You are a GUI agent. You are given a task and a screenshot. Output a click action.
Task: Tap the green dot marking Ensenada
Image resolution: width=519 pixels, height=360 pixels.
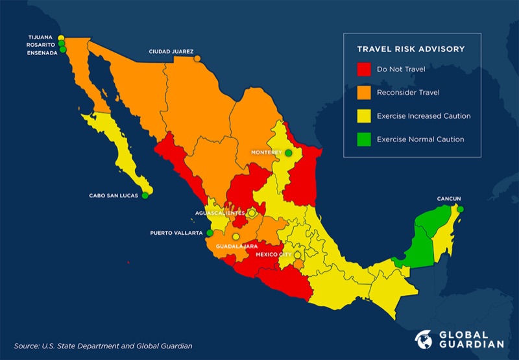63,49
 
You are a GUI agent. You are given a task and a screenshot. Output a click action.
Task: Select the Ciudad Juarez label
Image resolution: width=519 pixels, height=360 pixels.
171,51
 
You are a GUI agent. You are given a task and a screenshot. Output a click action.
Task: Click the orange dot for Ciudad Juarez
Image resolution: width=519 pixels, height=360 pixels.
197,58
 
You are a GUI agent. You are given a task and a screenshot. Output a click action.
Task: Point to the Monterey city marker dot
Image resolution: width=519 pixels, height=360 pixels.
288,152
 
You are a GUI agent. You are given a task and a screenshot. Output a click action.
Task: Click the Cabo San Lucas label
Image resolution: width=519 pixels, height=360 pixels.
114,195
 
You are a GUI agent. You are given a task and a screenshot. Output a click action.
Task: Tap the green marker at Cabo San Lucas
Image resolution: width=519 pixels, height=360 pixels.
145,195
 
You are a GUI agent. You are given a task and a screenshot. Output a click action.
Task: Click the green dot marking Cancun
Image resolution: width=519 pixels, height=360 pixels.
460,209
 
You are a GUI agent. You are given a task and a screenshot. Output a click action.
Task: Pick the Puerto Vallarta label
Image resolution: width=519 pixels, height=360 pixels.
176,233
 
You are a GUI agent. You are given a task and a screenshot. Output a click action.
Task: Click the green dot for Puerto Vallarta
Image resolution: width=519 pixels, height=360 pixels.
210,233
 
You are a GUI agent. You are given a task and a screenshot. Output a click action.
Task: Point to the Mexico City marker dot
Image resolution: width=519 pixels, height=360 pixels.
298,255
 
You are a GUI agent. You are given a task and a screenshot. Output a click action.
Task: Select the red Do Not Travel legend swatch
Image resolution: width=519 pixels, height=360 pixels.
365,69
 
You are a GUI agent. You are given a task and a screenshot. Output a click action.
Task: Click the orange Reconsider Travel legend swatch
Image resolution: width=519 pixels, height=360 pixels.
365,92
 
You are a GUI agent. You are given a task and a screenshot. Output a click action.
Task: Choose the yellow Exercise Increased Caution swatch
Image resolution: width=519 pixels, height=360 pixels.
365,115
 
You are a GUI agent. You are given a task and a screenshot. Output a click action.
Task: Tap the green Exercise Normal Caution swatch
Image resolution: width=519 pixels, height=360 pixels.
365,139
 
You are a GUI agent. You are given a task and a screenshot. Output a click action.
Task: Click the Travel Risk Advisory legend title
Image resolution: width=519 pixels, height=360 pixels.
411,49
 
